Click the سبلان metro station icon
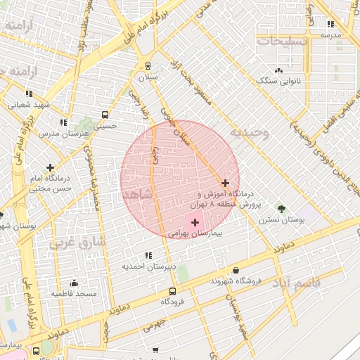[x=148, y=66]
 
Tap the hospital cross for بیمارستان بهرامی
[x=195, y=222]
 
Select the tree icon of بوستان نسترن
[x=282, y=209]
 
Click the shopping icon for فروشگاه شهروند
[x=235, y=270]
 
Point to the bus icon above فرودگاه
[x=172, y=291]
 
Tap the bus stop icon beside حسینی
[x=105, y=115]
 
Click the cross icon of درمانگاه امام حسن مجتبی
[x=50, y=167]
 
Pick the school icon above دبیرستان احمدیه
[x=147, y=255]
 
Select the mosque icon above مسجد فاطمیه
[x=74, y=283]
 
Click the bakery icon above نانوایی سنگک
[x=279, y=70]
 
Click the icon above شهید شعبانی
[x=29, y=94]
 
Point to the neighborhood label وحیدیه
[x=249, y=132]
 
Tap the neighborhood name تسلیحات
[x=282, y=41]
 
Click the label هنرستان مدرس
[x=58, y=132]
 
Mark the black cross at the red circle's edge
[x=225, y=183]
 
